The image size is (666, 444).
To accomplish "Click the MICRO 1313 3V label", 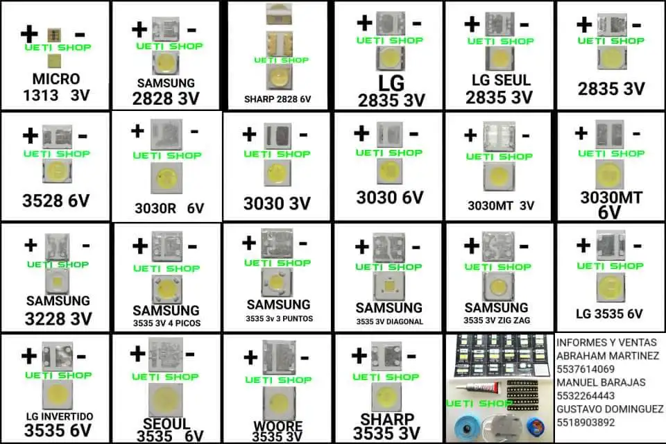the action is pos(55,87).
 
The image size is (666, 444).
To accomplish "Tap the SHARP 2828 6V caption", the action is pos(277,99).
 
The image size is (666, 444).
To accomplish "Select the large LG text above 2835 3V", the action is pos(391,83).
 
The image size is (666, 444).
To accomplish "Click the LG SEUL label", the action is pos(499,81).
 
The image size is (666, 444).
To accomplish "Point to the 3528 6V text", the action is pos(55,202).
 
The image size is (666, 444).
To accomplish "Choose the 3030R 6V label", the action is pos(169,207).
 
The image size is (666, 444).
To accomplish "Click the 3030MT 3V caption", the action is pos(501,205).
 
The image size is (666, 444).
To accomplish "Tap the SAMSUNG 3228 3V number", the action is pos(58,320).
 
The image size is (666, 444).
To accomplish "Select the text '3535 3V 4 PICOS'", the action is pos(166,323).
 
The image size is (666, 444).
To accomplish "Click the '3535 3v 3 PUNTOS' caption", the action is pos(279,319).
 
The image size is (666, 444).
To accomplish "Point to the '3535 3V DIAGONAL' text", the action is pos(389,321).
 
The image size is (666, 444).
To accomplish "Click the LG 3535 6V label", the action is pos(610,313).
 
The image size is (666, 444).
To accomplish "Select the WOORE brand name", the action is pos(277,426).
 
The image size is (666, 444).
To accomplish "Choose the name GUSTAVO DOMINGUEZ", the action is pos(610,409).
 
